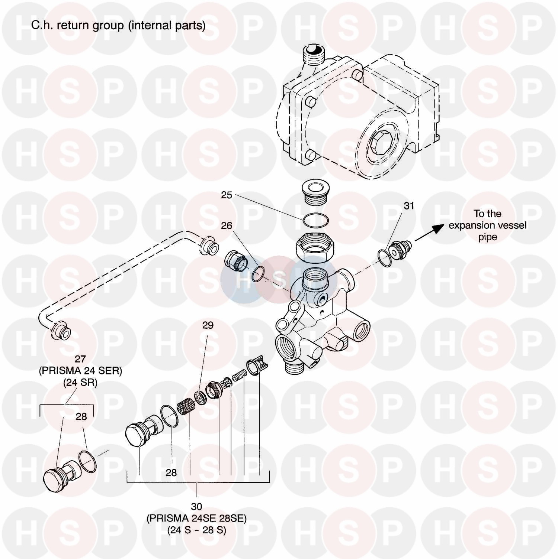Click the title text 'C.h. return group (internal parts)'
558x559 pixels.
(118, 25)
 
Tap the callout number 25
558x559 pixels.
(227, 195)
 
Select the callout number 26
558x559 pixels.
(227, 225)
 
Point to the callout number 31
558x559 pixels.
(409, 206)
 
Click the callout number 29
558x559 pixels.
(208, 325)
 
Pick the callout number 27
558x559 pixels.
(80, 359)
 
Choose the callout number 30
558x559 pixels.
(196, 507)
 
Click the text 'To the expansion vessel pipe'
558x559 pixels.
(487, 225)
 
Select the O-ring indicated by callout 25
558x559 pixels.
(315, 220)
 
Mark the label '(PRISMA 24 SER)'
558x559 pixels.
(80, 371)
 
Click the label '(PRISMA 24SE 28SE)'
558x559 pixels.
(196, 519)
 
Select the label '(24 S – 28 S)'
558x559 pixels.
(196, 530)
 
